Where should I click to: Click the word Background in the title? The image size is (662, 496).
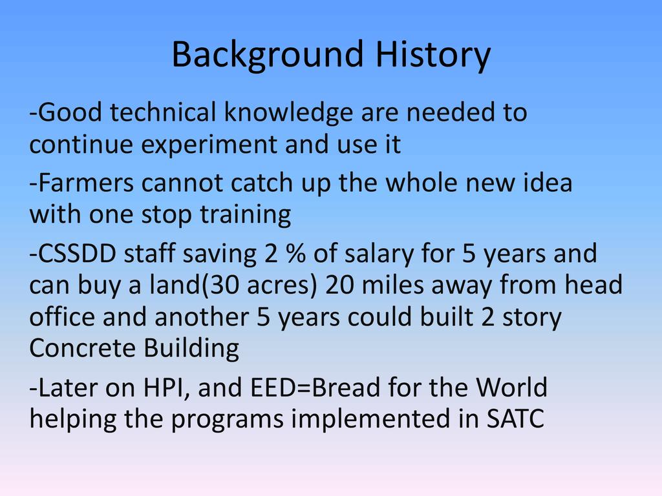267,55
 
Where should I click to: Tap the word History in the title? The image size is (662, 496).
433,55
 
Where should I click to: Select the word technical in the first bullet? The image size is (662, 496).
163,112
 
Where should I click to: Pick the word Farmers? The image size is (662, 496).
86,183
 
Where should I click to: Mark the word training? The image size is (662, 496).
245,215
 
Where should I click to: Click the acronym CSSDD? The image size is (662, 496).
78,254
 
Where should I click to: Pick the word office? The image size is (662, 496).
62,316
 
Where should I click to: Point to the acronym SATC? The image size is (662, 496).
515,418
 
